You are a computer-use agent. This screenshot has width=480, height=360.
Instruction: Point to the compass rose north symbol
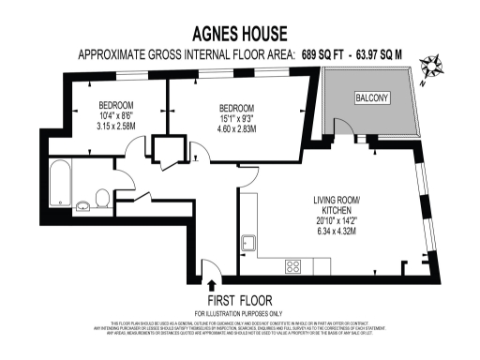pos(433,67)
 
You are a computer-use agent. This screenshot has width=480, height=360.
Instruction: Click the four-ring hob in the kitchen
pos(293,265)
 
